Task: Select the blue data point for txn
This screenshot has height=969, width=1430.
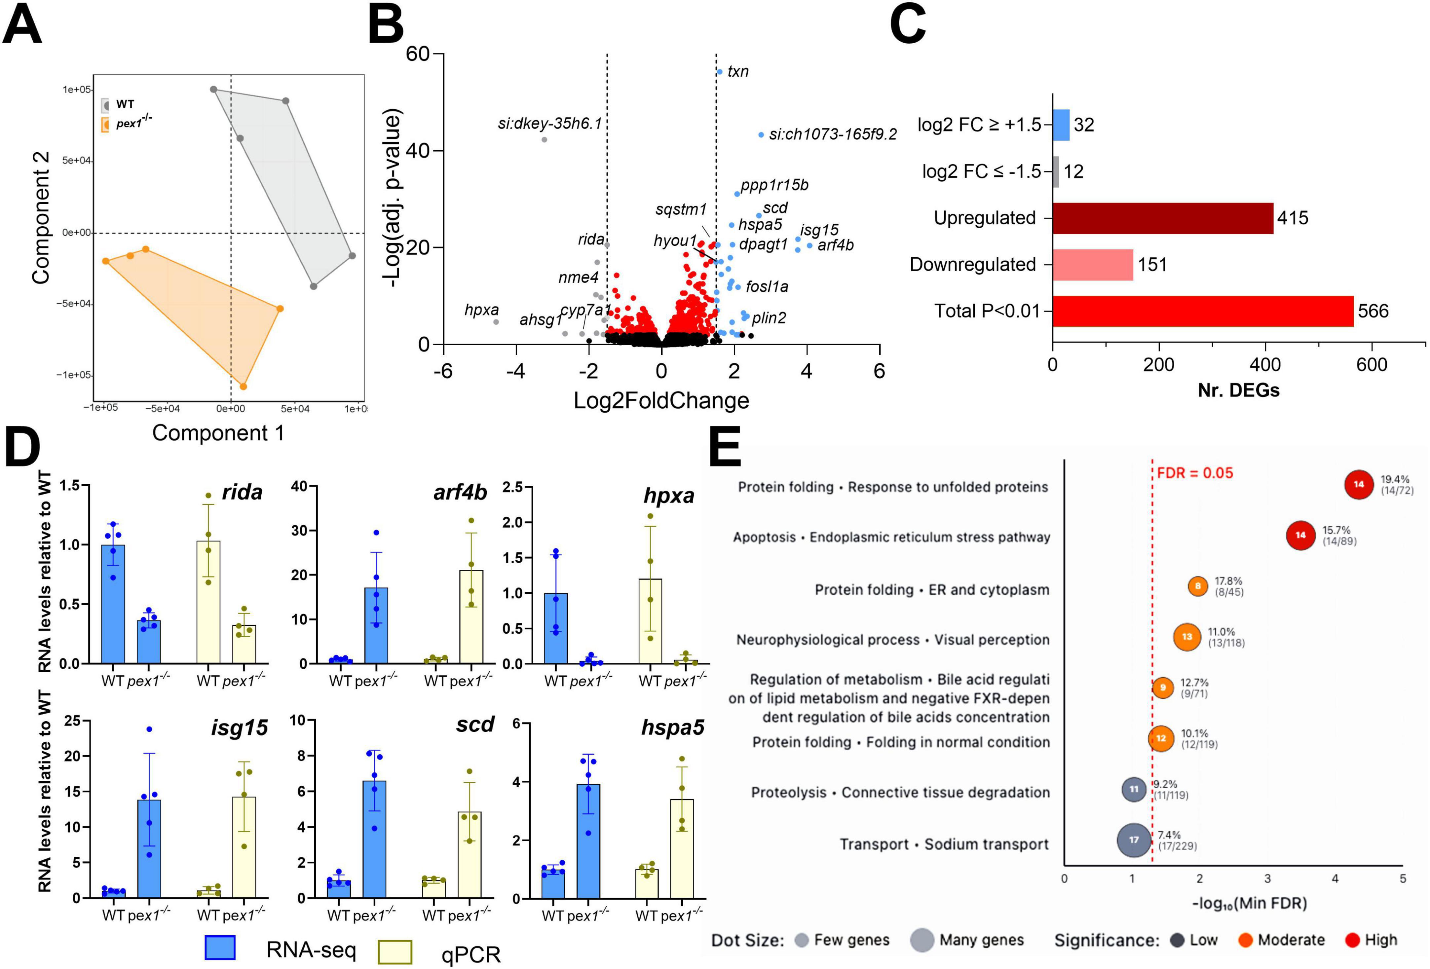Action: tap(719, 72)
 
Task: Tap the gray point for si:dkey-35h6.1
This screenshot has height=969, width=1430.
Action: tap(544, 140)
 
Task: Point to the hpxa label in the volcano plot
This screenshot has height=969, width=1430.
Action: tap(481, 310)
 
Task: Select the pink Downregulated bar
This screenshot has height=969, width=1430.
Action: tap(1092, 265)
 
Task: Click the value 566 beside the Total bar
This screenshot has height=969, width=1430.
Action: tap(1373, 311)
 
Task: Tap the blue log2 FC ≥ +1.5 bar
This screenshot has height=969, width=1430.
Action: tap(1061, 125)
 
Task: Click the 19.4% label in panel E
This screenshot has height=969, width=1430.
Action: tap(1394, 479)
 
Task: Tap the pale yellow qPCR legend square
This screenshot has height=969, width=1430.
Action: tap(395, 952)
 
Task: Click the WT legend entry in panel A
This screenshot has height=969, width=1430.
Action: tap(125, 104)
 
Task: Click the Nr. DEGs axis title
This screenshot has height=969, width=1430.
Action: tap(1238, 390)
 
